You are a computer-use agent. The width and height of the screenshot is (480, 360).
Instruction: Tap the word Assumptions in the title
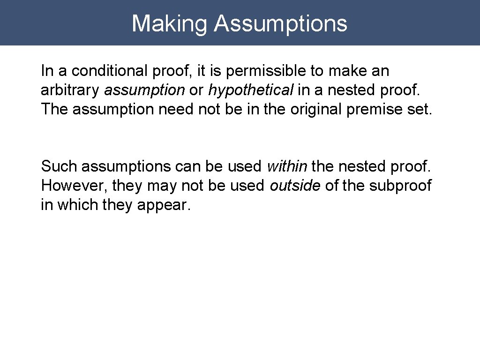(281, 23)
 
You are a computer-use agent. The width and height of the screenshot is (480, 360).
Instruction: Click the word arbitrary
(70, 90)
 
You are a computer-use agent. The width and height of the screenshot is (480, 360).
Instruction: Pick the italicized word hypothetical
(251, 90)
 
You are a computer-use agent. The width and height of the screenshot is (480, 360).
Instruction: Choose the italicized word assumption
(144, 90)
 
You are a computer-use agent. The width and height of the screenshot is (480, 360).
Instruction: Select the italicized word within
(287, 166)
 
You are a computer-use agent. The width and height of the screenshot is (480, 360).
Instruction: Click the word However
(75, 185)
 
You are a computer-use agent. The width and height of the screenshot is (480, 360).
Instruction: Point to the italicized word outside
(295, 185)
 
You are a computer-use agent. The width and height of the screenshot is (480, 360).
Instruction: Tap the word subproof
(400, 185)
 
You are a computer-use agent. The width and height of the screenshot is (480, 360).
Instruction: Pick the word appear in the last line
(164, 205)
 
